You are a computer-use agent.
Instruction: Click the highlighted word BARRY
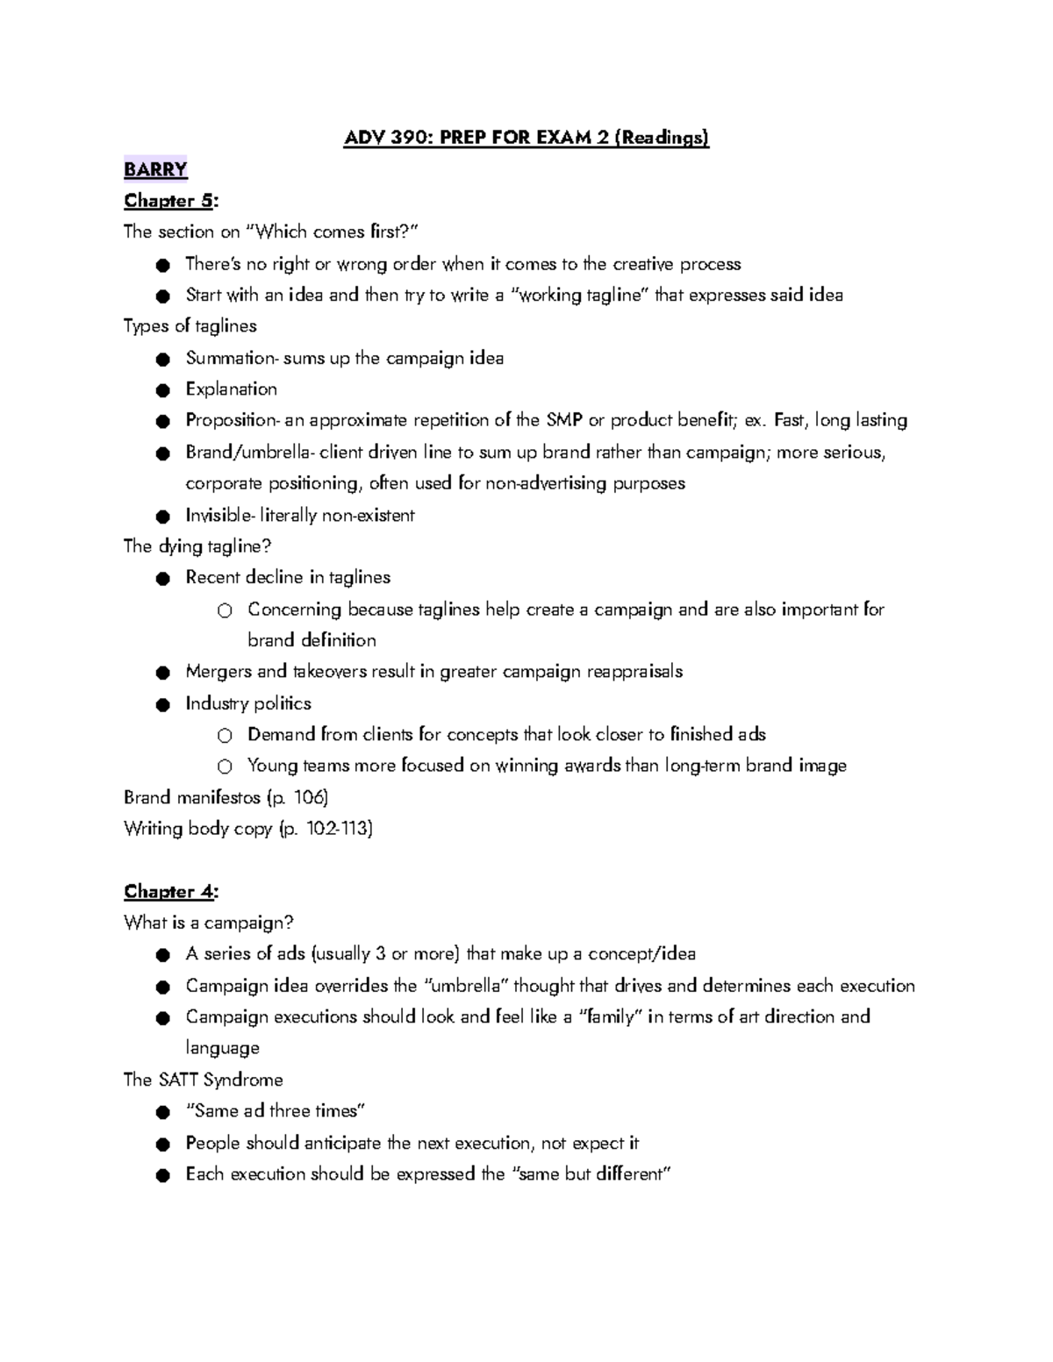[155, 169]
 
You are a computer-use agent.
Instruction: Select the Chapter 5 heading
[170, 201]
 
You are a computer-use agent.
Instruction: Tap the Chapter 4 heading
[170, 892]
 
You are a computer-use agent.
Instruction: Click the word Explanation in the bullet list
[231, 389]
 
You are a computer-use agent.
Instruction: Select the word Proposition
[232, 421]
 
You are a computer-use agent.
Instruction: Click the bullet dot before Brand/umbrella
[162, 453]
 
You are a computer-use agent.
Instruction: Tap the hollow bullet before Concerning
[225, 610]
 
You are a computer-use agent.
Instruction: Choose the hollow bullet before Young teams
[225, 767]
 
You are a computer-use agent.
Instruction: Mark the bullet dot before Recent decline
[162, 579]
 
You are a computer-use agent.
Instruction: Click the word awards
[592, 766]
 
